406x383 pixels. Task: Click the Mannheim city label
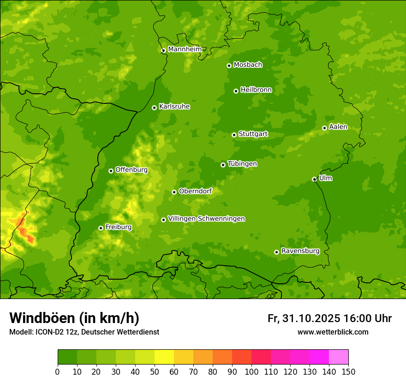click(x=185, y=49)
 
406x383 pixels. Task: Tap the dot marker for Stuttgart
click(x=234, y=135)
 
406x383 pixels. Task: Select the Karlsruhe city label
click(x=174, y=107)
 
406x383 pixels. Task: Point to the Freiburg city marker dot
click(x=101, y=228)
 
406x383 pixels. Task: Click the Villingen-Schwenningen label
click(x=206, y=219)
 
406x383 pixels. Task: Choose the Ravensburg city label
click(x=300, y=251)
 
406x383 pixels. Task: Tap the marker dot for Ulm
click(x=314, y=179)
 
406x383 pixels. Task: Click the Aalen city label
click(x=338, y=127)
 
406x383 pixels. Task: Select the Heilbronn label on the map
click(x=256, y=90)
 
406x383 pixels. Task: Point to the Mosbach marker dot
click(x=229, y=66)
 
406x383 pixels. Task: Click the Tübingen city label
click(x=242, y=164)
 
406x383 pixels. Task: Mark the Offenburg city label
click(x=131, y=170)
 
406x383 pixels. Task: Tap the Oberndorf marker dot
click(x=174, y=192)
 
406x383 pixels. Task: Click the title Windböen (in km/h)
click(x=74, y=318)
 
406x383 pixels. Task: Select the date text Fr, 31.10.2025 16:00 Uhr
click(x=329, y=318)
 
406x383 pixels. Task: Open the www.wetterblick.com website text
click(x=333, y=332)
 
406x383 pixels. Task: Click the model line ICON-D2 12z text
click(x=84, y=332)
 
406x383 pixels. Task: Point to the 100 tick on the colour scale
click(x=251, y=371)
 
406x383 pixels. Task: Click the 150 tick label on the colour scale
click(x=348, y=371)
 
